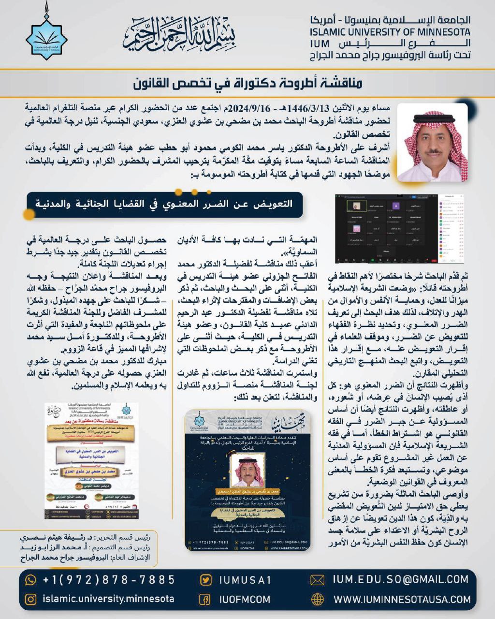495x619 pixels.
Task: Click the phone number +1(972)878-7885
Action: coord(109,579)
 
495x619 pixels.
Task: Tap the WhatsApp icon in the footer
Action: coord(30,579)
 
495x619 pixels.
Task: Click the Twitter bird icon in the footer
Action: coord(205,580)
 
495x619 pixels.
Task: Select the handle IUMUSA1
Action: coord(245,580)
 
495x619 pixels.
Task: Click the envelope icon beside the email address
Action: coord(317,580)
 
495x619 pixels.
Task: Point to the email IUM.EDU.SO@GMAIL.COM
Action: coord(401,579)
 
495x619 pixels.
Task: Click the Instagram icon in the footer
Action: coord(30,599)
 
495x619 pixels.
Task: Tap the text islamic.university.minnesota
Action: coord(108,599)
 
